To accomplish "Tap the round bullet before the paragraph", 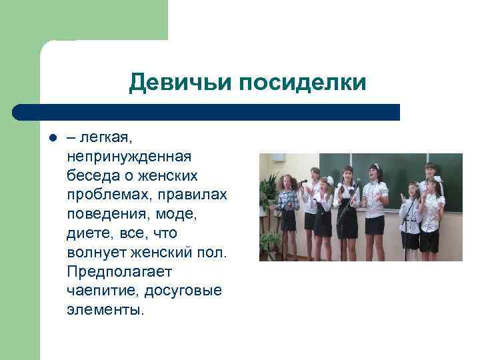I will tap(51, 139).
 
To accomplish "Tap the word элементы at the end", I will tap(105, 311).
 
